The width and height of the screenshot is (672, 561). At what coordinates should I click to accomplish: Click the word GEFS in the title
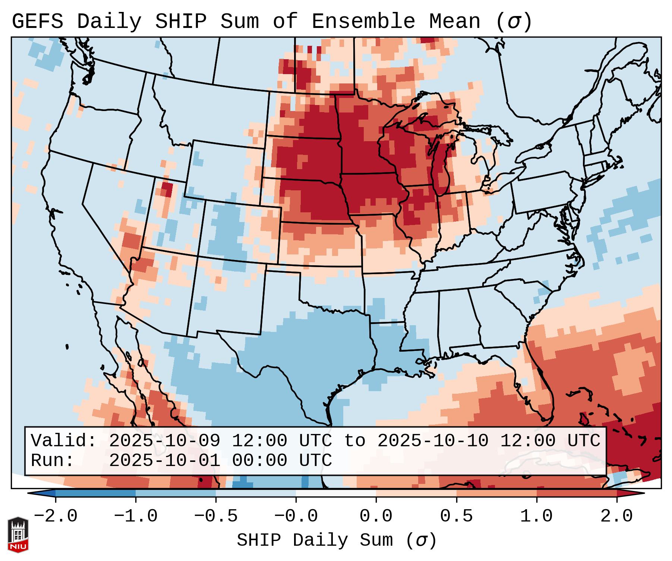click(37, 22)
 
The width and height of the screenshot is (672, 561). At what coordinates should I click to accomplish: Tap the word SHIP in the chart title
click(180, 22)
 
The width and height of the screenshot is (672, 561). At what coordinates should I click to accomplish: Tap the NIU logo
click(18, 535)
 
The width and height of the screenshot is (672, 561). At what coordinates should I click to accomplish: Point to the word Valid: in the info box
click(64, 441)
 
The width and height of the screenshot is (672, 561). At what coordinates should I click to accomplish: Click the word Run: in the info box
click(53, 461)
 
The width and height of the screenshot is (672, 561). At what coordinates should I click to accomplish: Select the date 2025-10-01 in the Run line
click(164, 461)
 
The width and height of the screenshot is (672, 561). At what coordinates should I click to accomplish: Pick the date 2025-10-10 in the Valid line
click(433, 441)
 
